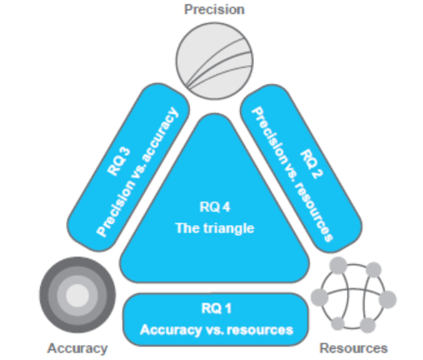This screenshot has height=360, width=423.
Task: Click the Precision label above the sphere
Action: click(x=214, y=9)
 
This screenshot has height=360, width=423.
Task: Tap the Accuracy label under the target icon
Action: click(x=77, y=348)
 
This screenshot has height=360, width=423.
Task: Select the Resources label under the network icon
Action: click(x=353, y=348)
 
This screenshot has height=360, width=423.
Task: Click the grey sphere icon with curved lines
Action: click(x=214, y=61)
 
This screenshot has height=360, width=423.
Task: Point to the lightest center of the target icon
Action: click(x=77, y=295)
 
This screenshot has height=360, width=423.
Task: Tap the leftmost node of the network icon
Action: click(x=320, y=297)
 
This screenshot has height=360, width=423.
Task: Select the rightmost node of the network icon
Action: click(x=387, y=299)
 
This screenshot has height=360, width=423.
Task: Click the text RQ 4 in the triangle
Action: click(x=215, y=207)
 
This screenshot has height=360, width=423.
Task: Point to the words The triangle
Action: click(x=215, y=228)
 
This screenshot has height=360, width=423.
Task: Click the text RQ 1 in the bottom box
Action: click(x=216, y=308)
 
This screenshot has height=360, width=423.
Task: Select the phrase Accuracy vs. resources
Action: click(x=216, y=330)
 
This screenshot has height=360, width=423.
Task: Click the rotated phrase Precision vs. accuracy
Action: click(x=137, y=172)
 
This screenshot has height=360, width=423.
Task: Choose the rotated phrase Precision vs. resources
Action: click(x=291, y=174)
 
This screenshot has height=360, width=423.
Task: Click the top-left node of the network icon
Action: click(x=338, y=265)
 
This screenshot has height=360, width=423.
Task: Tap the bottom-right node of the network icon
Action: click(x=367, y=325)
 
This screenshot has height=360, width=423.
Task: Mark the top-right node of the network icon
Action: click(x=374, y=269)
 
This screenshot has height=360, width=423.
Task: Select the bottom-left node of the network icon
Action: click(x=338, y=323)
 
